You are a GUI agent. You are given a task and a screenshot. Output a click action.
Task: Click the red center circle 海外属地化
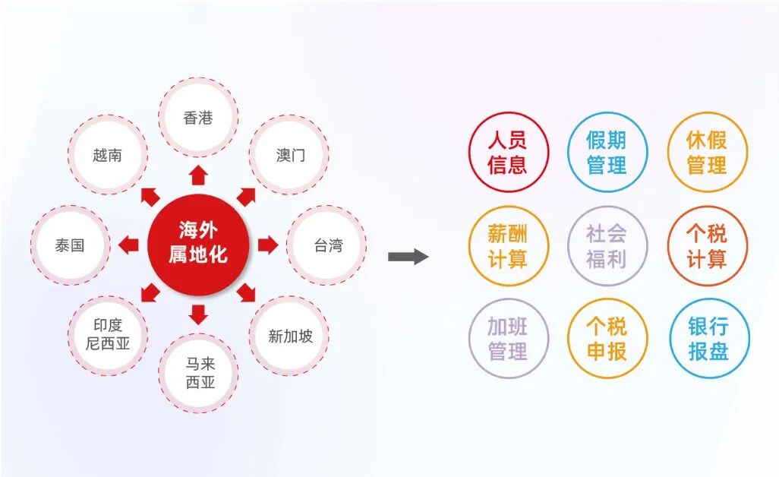point(198,245)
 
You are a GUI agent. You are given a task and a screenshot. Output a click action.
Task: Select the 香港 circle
point(198,117)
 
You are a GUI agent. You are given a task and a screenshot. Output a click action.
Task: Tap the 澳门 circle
point(289,154)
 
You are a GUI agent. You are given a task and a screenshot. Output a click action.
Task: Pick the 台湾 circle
point(326,245)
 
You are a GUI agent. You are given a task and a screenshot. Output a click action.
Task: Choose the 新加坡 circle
point(289,336)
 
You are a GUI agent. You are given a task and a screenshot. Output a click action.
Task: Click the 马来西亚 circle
point(198,373)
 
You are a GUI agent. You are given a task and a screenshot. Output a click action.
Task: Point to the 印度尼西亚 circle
point(108,335)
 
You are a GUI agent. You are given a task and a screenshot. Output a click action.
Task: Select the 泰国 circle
point(70,245)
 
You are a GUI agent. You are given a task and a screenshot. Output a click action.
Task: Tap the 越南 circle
point(108,154)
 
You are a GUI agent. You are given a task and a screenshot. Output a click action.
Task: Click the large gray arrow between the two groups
point(408,257)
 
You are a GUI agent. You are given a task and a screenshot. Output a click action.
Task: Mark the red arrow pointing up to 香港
point(198,175)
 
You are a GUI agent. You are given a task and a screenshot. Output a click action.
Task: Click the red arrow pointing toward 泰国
point(128,245)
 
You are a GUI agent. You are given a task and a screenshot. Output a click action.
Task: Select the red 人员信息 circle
point(508,152)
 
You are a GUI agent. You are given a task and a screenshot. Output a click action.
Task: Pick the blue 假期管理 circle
point(607,152)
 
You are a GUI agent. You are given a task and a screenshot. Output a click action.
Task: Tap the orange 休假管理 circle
point(708,152)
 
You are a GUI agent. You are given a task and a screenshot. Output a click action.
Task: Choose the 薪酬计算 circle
point(508,246)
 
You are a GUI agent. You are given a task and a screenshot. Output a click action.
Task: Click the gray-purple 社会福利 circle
point(607,246)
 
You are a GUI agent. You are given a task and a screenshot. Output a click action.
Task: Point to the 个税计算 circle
point(708,246)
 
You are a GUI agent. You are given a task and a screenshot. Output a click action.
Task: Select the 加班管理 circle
point(508,338)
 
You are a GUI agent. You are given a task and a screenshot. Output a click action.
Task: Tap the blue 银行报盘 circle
point(709,338)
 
